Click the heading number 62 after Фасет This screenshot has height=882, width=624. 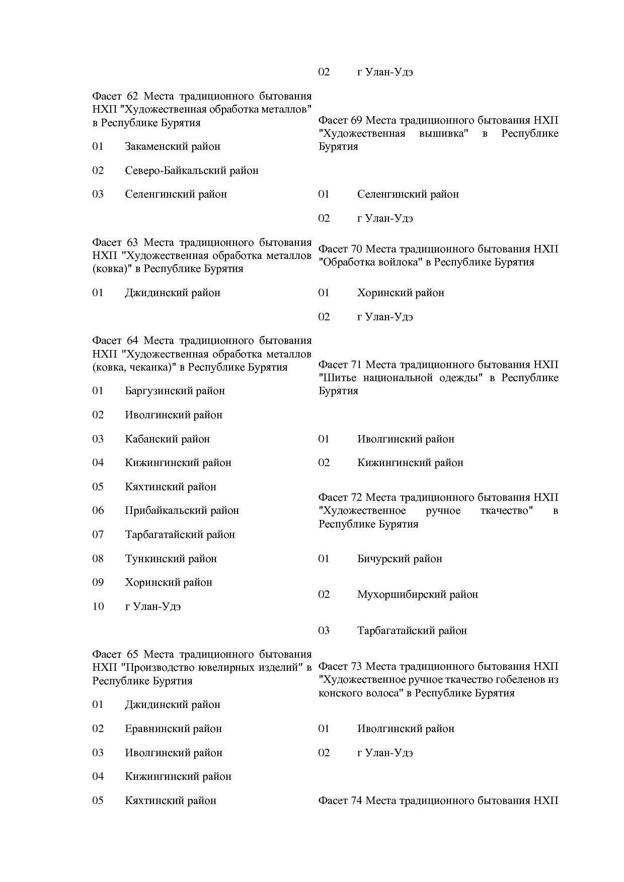132,96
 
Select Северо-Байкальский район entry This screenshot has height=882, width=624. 191,170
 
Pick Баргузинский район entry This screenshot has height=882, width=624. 175,391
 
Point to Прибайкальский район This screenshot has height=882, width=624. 182,510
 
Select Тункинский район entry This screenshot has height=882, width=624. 171,559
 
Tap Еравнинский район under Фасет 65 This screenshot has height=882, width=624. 173,729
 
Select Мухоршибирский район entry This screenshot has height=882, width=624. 417,594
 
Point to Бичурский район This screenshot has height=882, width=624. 400,559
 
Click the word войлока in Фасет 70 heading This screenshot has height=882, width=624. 398,262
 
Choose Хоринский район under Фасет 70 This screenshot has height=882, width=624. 401,293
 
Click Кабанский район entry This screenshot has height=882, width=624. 167,439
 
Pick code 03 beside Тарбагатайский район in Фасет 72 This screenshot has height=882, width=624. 324,631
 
